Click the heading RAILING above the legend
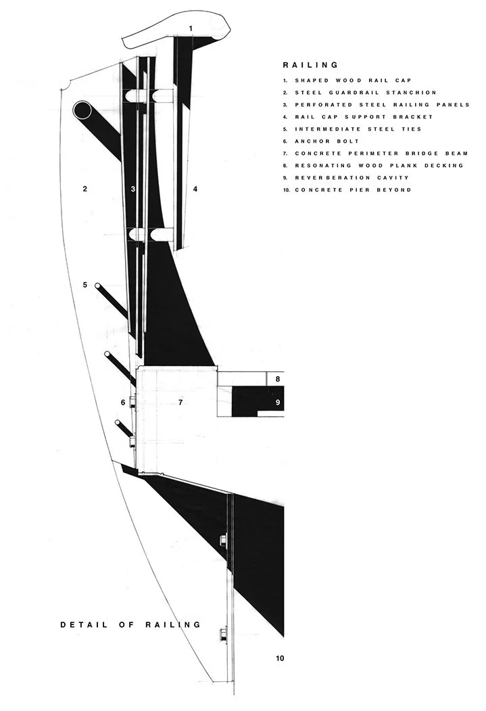pyautogui.click(x=310, y=66)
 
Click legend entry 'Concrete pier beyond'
pyautogui.click(x=352, y=189)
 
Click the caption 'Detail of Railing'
pyautogui.click(x=130, y=624)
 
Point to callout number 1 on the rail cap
pyautogui.click(x=191, y=28)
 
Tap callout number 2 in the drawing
pyautogui.click(x=84, y=189)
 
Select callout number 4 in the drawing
pyautogui.click(x=195, y=189)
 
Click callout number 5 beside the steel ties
pyautogui.click(x=85, y=285)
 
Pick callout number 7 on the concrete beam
pyautogui.click(x=180, y=403)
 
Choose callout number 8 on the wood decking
pyautogui.click(x=277, y=380)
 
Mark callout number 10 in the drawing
pyautogui.click(x=279, y=658)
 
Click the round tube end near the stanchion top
pyautogui.click(x=83, y=110)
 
